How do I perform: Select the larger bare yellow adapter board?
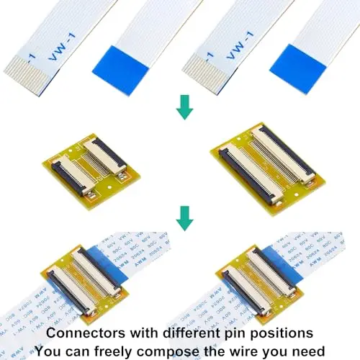[x=264, y=166]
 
